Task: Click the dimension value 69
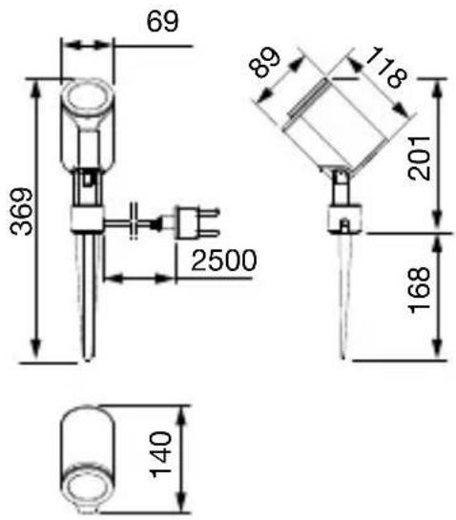162,22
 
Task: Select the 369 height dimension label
22,212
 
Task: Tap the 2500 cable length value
224,260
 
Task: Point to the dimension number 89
264,62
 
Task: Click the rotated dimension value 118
385,68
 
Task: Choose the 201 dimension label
419,157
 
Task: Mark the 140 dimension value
161,454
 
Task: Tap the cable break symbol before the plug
134,220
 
